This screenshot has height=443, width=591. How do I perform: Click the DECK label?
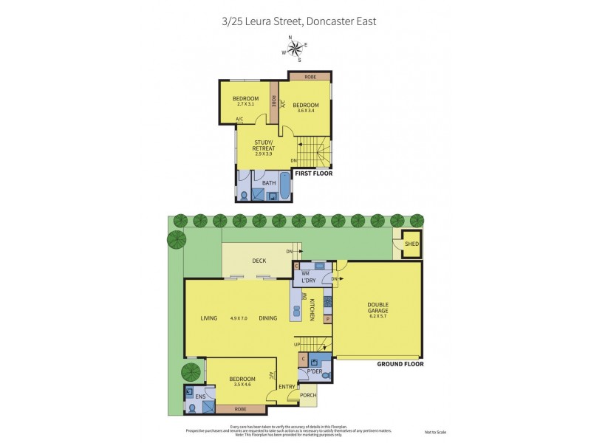pos(259,260)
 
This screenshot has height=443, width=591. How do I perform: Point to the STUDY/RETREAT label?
pos(264,145)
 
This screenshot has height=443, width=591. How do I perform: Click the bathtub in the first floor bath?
pos(284,191)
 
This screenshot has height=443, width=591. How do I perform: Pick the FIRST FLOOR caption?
pos(313,174)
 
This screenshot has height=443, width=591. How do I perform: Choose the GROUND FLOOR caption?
pos(400,364)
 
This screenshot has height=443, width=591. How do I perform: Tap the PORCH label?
pos(310,394)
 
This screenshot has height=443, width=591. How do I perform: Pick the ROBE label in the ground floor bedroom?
pos(240,408)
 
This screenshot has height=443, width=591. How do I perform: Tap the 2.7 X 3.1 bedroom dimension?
pos(245,104)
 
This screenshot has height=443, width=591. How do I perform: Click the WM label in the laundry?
pos(304,273)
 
